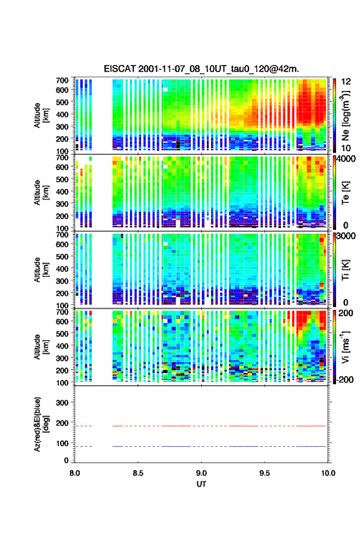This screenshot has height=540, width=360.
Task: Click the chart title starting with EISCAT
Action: (x=201, y=69)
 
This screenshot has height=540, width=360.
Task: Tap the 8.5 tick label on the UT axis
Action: (x=138, y=473)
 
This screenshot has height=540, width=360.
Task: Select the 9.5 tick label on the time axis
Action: (x=264, y=473)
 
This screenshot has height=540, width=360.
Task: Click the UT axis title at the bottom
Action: (x=201, y=484)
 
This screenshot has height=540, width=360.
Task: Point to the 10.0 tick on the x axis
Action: (x=328, y=473)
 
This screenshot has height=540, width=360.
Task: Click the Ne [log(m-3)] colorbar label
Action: (x=346, y=116)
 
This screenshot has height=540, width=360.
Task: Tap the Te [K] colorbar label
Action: (x=345, y=193)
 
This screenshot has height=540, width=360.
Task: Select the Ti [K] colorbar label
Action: (x=345, y=270)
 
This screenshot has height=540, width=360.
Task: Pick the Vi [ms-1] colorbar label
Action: (x=345, y=347)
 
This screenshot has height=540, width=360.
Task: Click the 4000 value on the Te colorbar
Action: (x=346, y=160)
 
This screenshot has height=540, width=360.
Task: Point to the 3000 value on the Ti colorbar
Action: (x=347, y=236)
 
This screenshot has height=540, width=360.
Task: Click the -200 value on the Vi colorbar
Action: (x=344, y=379)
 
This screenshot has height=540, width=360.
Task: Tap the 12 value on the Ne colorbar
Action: (x=347, y=82)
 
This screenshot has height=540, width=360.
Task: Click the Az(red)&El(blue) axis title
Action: (x=40, y=424)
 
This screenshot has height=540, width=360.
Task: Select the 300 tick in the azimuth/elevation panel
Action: (x=62, y=403)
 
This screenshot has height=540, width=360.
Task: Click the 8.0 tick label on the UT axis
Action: (x=75, y=473)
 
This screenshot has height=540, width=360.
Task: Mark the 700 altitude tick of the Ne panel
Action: (x=62, y=80)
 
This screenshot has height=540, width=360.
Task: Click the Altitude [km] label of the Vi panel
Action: (x=40, y=347)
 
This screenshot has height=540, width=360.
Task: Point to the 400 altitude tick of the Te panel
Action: (x=62, y=191)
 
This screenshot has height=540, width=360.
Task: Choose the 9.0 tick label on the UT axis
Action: (x=201, y=473)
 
